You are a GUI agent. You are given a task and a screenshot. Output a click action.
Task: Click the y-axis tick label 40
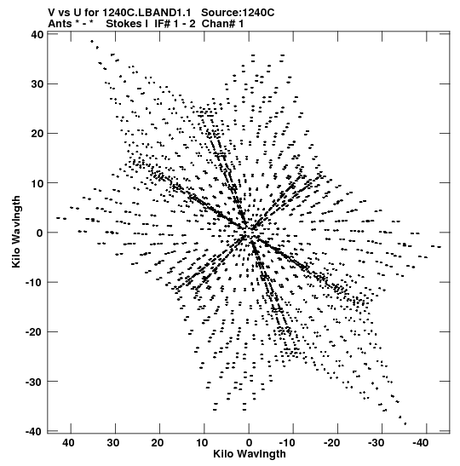37,34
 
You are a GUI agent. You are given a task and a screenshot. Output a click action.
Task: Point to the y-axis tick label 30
37,84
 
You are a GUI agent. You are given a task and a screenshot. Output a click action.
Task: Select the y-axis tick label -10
34,282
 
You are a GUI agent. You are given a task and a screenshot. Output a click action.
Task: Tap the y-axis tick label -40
34,431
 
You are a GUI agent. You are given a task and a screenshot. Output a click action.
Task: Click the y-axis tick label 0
40,233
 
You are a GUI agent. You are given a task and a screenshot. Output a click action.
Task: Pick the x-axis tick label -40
421,443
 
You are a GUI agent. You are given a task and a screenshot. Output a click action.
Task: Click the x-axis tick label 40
68,443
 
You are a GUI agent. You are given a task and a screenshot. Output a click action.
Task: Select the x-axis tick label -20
331,443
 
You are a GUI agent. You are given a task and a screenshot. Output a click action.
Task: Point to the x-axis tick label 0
249,443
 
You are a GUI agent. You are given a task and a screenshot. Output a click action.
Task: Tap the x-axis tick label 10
202,443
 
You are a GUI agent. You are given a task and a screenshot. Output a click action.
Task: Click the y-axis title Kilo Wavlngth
16,232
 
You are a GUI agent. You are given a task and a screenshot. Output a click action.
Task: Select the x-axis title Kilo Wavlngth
250,454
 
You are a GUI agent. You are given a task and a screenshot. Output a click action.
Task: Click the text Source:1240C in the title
238,13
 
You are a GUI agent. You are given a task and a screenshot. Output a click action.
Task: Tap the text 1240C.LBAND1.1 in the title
147,13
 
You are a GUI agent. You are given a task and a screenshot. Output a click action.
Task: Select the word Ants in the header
60,24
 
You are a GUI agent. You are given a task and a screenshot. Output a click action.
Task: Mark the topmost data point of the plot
92,41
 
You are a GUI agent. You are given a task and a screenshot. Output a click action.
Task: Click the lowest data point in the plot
405,423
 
